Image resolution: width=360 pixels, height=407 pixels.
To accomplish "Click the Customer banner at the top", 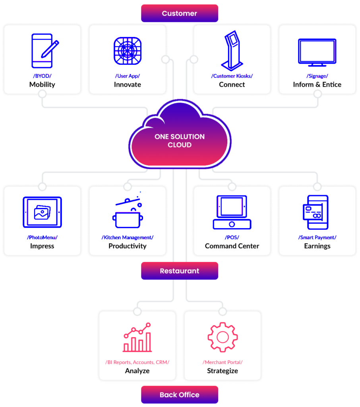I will coord(180,14).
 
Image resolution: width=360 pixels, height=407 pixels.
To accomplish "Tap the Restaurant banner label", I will coord(180,271).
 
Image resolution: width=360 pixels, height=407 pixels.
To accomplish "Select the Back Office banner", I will coord(180,395).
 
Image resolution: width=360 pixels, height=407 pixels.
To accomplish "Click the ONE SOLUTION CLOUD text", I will coord(180,141).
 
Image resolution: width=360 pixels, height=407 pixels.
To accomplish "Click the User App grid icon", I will coord(128,51).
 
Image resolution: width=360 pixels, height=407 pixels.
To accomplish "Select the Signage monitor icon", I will coord(317,52).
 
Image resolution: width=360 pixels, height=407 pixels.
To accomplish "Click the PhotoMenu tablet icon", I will coord(42,212).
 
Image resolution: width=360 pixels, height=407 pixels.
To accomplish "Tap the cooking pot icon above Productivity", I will coord(128,213).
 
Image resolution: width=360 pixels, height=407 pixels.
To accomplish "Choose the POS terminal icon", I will coord(232,212).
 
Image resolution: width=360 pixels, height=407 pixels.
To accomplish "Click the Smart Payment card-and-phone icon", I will coord(316,212).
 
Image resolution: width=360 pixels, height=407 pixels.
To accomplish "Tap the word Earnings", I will coord(317,246).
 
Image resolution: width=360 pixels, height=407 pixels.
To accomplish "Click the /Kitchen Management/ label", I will coord(128,237).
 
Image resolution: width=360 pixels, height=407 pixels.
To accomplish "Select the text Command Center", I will coord(232,246).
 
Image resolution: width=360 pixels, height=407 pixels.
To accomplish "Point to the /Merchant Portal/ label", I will coord(223,362).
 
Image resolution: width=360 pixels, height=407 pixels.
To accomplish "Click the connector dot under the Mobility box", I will coord(42,94).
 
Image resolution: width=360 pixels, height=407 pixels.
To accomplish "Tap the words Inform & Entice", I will coord(317,84).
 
